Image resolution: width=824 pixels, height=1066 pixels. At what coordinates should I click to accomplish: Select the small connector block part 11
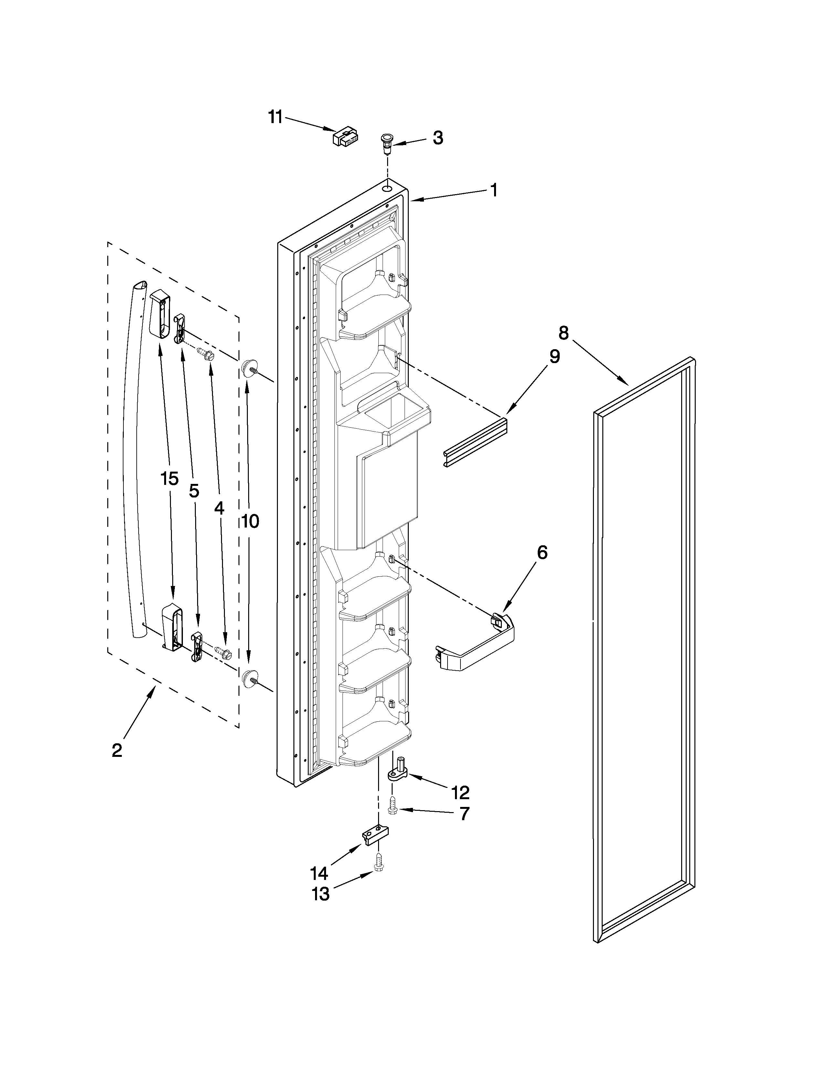[345, 136]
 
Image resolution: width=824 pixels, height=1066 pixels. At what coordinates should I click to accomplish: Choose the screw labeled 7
[392, 806]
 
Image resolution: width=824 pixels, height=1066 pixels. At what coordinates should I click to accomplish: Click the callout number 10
[250, 521]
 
